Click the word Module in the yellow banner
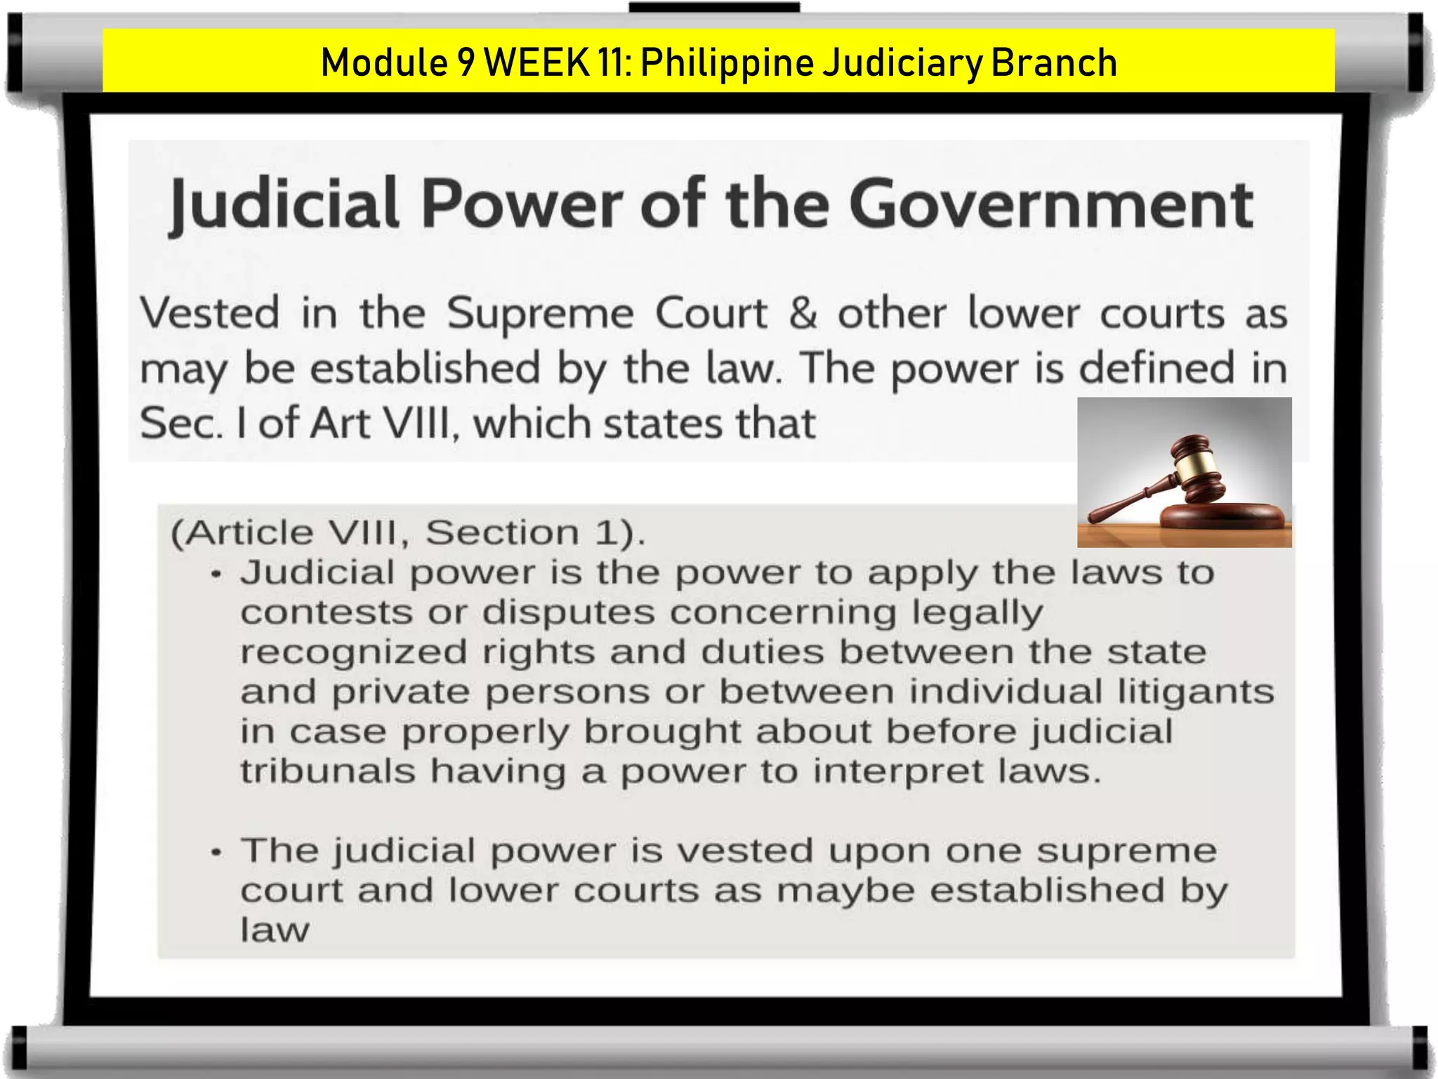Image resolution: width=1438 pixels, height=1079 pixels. (x=384, y=63)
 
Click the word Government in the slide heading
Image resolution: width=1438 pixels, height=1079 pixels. (x=1051, y=205)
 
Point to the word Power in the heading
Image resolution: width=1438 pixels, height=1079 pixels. (x=522, y=205)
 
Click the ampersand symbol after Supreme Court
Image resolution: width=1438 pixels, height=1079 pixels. (x=803, y=313)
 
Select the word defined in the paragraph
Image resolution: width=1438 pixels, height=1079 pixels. (x=1156, y=368)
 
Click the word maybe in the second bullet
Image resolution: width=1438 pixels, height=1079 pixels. (x=845, y=891)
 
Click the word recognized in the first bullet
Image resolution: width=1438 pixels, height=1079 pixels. (x=353, y=653)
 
